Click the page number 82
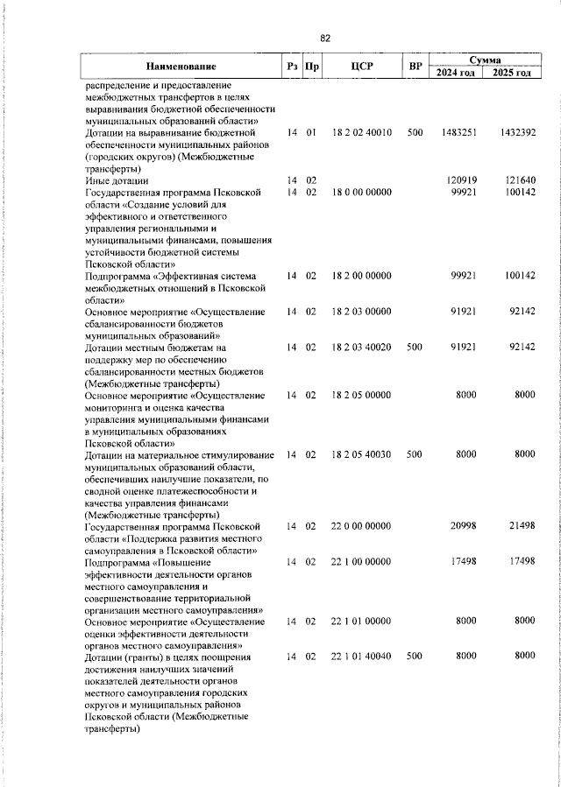tap(325, 38)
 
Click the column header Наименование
tap(181, 66)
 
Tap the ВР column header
tap(415, 66)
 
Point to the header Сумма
tap(485, 59)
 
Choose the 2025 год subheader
tap(512, 72)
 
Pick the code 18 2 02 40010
tap(361, 132)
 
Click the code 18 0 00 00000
tap(361, 192)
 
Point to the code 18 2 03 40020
tap(361, 347)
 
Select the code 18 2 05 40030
tap(361, 455)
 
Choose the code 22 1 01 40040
tap(361, 656)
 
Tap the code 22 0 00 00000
tap(361, 527)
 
